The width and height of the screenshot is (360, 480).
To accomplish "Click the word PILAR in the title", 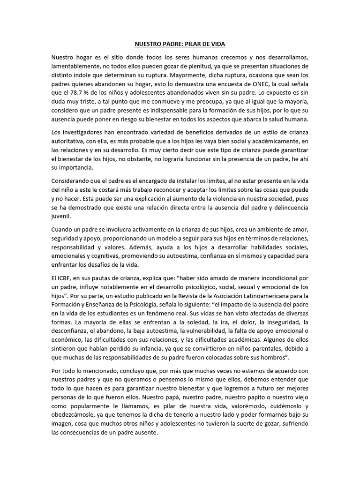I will pyautogui.click(x=188, y=44).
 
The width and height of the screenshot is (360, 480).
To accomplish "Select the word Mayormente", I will pyautogui.click(x=189, y=75).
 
